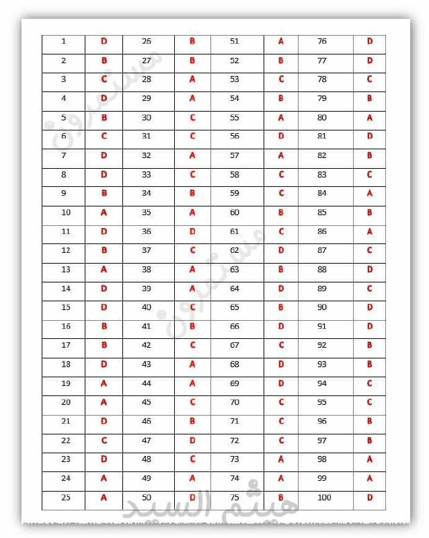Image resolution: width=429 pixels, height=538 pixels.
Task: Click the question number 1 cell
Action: pyautogui.click(x=64, y=42)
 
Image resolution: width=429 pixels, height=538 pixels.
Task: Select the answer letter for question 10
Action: pyautogui.click(x=104, y=213)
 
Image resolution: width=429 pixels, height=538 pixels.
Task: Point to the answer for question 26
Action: pyautogui.click(x=192, y=42)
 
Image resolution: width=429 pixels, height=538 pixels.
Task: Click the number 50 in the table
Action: pyautogui.click(x=147, y=498)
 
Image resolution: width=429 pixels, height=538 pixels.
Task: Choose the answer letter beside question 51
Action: pyautogui.click(x=281, y=42)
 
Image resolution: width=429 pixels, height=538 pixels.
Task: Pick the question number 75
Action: pyautogui.click(x=235, y=498)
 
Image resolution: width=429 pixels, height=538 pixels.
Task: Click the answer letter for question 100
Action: pyautogui.click(x=370, y=498)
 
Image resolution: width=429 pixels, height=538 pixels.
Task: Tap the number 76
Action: pyautogui.click(x=322, y=42)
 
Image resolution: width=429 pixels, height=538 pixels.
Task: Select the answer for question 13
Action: pyautogui.click(x=104, y=270)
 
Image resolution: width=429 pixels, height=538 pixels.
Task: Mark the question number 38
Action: pyautogui.click(x=147, y=270)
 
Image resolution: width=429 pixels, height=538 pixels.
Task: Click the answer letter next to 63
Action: pyautogui.click(x=281, y=270)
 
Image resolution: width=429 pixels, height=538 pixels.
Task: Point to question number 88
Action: pyautogui.click(x=322, y=270)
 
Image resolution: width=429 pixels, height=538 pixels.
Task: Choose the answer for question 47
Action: pyautogui.click(x=192, y=440)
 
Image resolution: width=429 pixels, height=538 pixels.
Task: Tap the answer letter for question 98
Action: pyautogui.click(x=370, y=459)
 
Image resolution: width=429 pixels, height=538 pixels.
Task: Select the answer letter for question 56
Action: pyautogui.click(x=281, y=137)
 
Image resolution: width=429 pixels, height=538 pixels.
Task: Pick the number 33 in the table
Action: pyautogui.click(x=147, y=175)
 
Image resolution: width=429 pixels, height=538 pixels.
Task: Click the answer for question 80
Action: pyautogui.click(x=370, y=118)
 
